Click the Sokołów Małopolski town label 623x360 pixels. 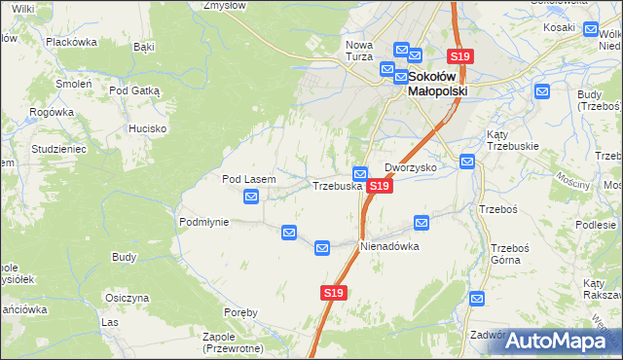coord(437,83)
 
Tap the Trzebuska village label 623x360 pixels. coord(337,185)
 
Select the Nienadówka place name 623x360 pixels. coord(389,246)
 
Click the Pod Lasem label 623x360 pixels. coord(249,179)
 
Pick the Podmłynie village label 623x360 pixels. coord(203,222)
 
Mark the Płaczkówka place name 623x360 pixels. coord(71,42)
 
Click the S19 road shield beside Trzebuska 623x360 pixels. coord(380,185)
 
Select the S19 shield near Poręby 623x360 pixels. coord(333,292)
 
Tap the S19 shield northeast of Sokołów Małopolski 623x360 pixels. coord(459,57)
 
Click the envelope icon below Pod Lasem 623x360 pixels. coord(251,197)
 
